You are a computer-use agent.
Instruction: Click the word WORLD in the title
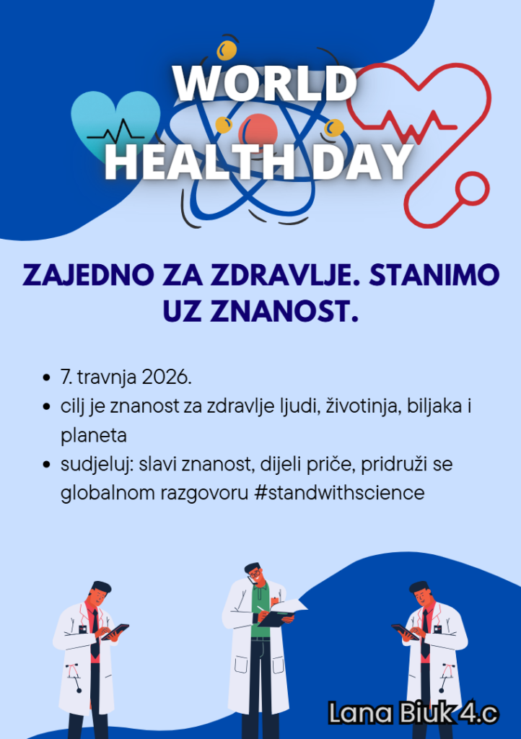tap(265, 84)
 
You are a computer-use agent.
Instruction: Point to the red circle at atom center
tap(258, 132)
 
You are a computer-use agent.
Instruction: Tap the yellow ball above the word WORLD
tap(226, 50)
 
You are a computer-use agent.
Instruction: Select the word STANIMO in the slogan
tap(434, 275)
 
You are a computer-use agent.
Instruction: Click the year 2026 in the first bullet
tap(166, 377)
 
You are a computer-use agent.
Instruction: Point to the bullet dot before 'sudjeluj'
tap(46, 464)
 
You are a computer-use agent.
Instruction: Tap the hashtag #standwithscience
tap(338, 493)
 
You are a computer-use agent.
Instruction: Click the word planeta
tap(94, 435)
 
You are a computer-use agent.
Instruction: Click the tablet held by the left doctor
tap(115, 631)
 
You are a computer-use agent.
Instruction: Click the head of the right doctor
tap(420, 595)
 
